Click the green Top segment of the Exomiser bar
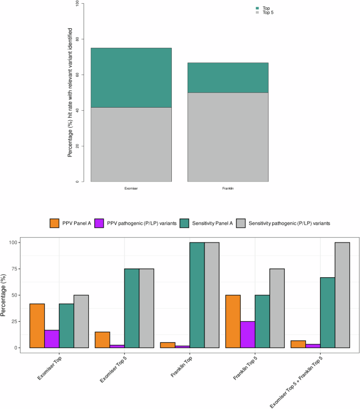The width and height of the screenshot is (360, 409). [131, 78]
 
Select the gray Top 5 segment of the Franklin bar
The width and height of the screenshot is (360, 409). [228, 137]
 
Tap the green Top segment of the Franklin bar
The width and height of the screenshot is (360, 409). [228, 78]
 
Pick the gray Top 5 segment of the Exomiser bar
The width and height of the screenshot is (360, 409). [131, 144]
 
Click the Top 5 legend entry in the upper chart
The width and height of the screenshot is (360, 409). [266, 13]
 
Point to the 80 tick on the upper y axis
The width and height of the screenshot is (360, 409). [77, 39]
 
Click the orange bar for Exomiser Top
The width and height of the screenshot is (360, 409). [37, 326]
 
